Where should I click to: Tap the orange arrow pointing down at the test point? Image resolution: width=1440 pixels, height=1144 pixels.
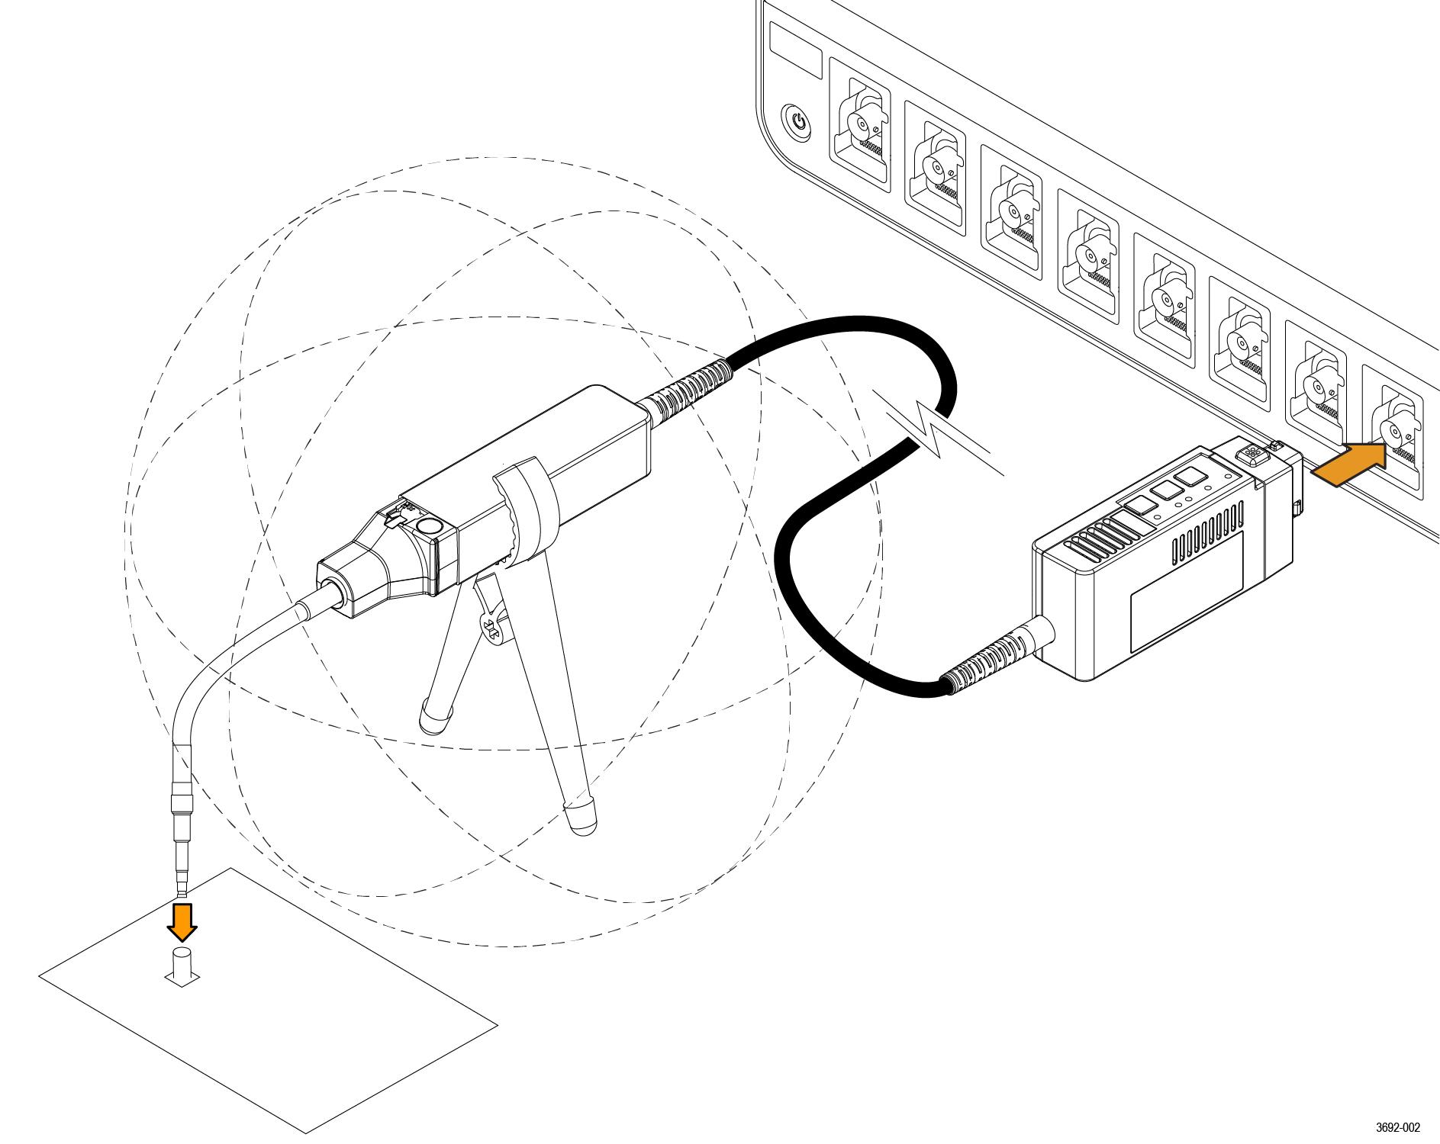coord(182,921)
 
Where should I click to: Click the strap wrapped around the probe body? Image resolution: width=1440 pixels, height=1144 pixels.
coord(527,507)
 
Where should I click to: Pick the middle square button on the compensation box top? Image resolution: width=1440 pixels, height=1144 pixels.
coord(1163,491)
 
